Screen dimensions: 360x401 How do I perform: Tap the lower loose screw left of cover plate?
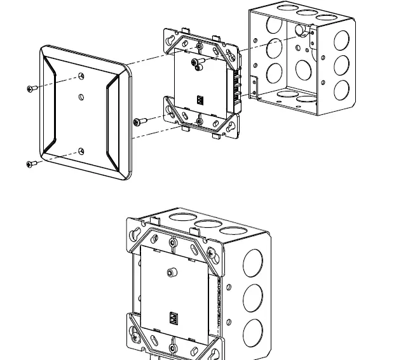(x=31, y=164)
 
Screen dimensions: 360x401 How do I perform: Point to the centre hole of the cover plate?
(x=81, y=97)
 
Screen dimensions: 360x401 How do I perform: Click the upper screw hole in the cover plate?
(x=82, y=76)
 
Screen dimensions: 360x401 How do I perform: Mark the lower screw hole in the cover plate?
(x=81, y=151)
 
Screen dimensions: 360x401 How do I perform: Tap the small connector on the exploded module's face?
(x=200, y=99)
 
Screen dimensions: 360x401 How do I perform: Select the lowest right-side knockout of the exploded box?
(x=341, y=89)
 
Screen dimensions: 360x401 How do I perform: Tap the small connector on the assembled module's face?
(x=173, y=317)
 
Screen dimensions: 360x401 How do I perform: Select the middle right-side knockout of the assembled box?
(x=253, y=297)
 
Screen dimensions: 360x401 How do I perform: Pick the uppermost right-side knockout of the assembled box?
(x=253, y=261)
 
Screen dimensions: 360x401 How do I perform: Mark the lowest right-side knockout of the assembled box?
(x=253, y=331)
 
